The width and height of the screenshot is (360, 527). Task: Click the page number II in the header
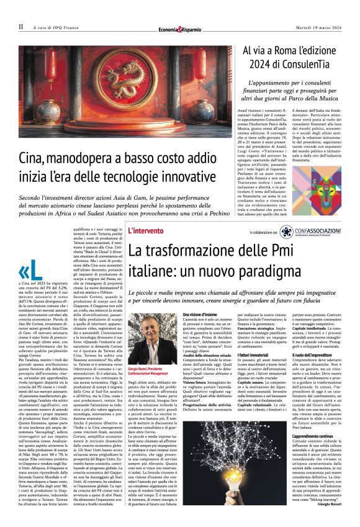(x=20, y=27)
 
